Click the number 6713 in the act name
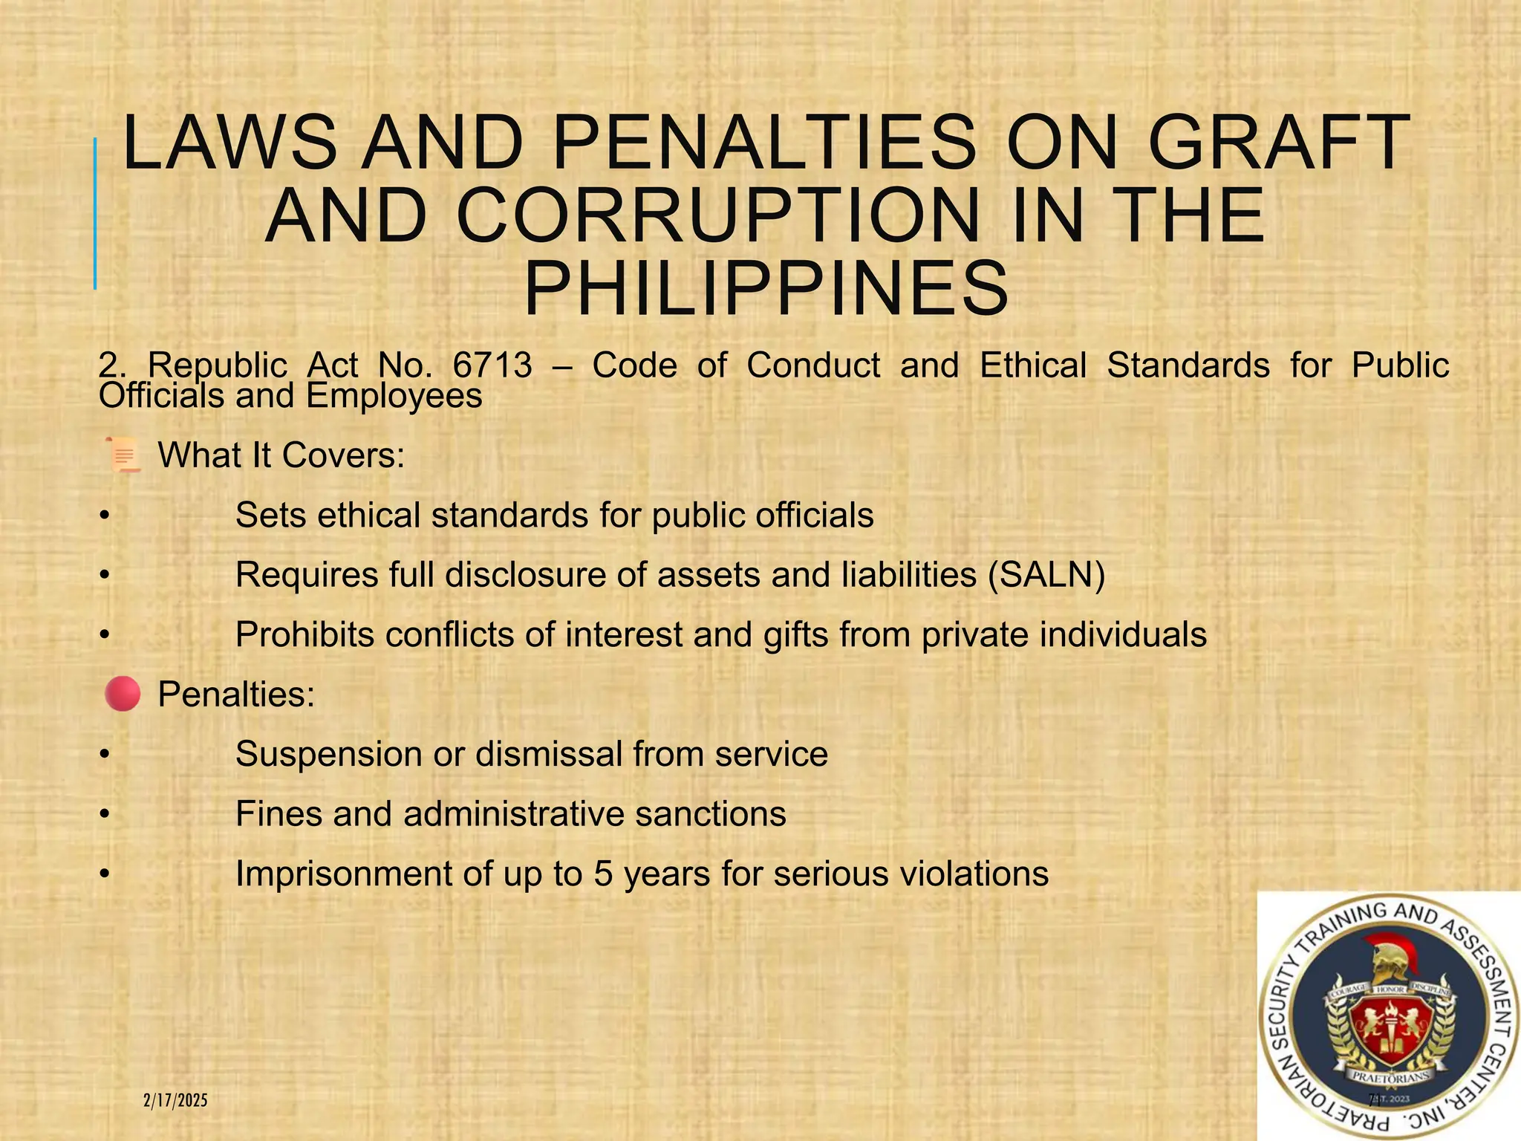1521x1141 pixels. (492, 365)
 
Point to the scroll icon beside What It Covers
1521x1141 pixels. (123, 455)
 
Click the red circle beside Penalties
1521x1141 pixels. (123, 694)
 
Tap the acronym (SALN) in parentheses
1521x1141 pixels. (1046, 575)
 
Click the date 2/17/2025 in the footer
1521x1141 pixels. (175, 1100)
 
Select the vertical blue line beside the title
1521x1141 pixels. (95, 213)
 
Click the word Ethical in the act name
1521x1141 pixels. (1033, 365)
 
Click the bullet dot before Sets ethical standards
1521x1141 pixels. (105, 516)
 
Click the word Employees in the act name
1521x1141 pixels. (394, 396)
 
